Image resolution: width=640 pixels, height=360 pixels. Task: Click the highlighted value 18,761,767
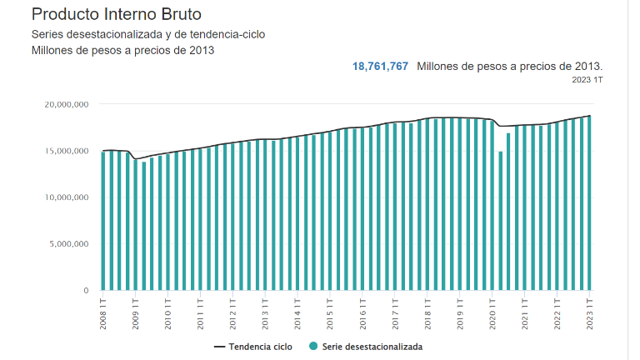pyautogui.click(x=380, y=66)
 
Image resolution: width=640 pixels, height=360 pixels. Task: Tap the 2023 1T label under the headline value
pyautogui.click(x=587, y=80)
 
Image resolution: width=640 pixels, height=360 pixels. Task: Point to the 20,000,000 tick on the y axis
pyautogui.click(x=64, y=105)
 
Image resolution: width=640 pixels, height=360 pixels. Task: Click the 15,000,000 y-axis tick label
pyautogui.click(x=64, y=152)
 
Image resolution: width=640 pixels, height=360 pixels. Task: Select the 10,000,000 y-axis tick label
pyautogui.click(x=64, y=197)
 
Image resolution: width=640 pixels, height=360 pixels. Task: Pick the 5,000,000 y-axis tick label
pyautogui.click(x=67, y=244)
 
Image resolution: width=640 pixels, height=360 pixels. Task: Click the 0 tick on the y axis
pyautogui.click(x=85, y=291)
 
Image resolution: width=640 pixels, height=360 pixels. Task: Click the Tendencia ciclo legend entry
pyautogui.click(x=253, y=346)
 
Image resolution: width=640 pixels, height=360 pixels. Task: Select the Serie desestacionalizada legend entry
pyautogui.click(x=372, y=346)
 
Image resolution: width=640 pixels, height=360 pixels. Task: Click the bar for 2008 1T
pyautogui.click(x=103, y=221)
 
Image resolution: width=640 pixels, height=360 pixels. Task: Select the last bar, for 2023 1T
pyautogui.click(x=590, y=204)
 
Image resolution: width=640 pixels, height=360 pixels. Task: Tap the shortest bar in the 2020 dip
pyautogui.click(x=501, y=221)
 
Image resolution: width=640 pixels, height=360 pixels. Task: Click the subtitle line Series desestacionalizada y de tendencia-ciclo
pyautogui.click(x=148, y=34)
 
